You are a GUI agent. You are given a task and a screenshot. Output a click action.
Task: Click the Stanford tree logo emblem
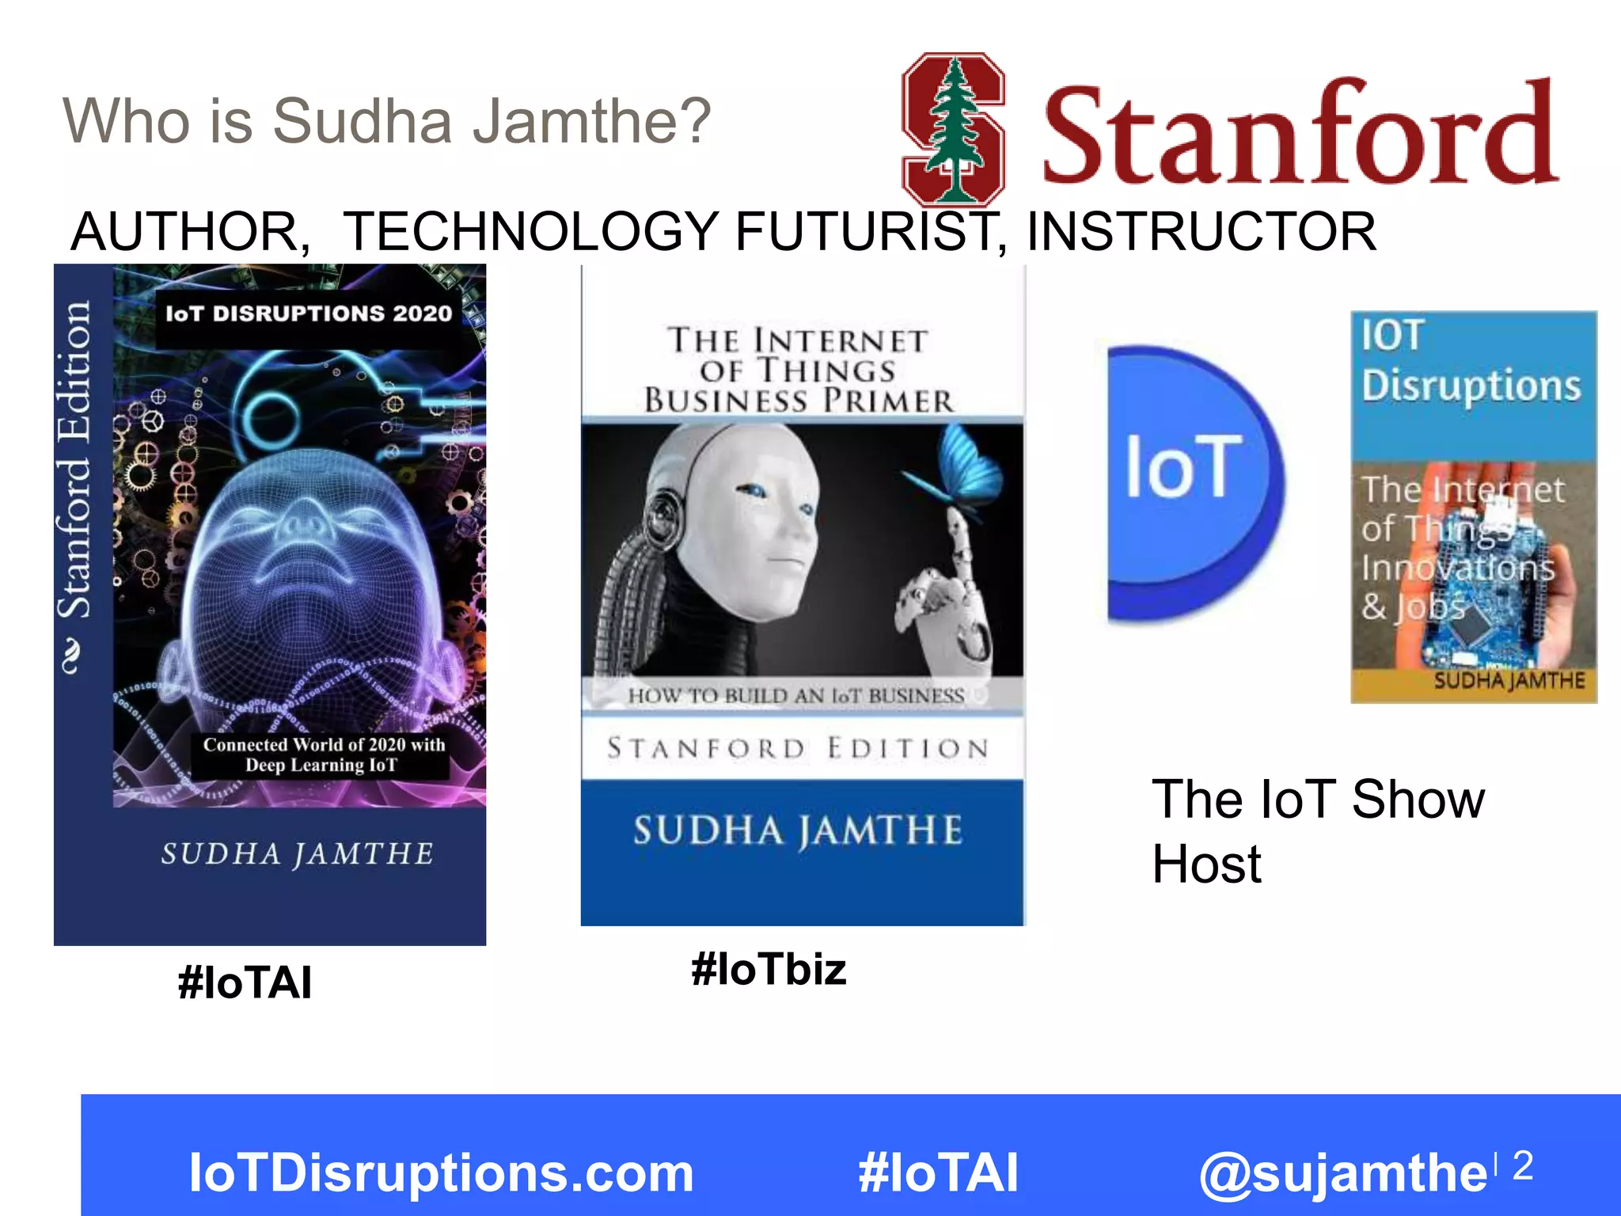pos(954,129)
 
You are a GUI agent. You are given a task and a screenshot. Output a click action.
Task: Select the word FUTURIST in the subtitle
pos(871,231)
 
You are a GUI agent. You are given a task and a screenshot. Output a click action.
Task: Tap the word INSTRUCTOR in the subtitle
pos(1201,231)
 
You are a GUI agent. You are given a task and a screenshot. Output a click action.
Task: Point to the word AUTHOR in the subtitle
pos(190,231)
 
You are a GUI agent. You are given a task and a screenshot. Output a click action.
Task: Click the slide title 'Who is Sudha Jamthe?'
pos(386,121)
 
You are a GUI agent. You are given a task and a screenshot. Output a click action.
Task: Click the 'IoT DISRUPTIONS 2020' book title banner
pos(309,313)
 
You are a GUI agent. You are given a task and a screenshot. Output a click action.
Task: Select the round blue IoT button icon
pos(1191,483)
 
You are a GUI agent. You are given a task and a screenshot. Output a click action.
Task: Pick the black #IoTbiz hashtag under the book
pos(769,969)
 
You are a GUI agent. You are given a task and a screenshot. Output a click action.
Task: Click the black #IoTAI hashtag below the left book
pos(245,982)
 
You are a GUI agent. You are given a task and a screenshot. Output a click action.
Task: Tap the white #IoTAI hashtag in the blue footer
pos(938,1172)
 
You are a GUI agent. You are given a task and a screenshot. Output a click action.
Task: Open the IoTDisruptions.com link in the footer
pos(441,1172)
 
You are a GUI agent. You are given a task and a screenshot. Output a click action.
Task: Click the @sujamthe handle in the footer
pos(1343,1172)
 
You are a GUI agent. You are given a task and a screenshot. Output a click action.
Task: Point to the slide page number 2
pos(1522,1165)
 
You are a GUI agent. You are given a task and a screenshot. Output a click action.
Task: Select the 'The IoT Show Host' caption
pos(1317,830)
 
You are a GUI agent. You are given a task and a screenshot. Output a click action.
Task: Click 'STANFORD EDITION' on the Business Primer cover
pos(798,748)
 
